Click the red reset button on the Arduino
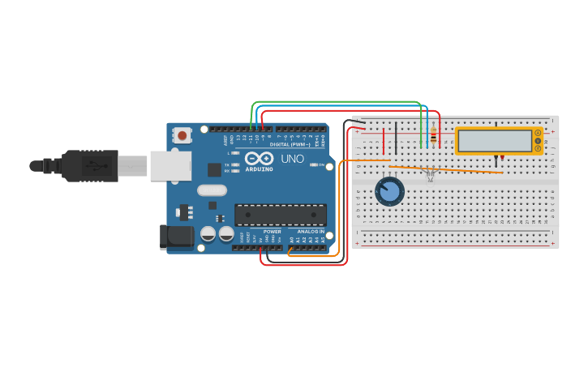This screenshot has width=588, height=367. tap(183, 135)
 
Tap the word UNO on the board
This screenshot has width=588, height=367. tap(292, 159)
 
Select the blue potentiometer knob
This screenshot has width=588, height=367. tap(389, 192)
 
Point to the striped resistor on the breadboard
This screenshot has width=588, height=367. tap(433, 137)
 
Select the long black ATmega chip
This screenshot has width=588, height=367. tap(281, 215)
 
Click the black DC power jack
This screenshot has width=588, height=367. tap(176, 237)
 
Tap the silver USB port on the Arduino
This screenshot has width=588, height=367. tap(170, 165)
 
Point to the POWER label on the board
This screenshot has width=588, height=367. tap(272, 232)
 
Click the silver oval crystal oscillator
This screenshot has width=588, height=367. tap(212, 191)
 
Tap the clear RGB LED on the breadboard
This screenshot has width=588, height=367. tap(431, 173)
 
